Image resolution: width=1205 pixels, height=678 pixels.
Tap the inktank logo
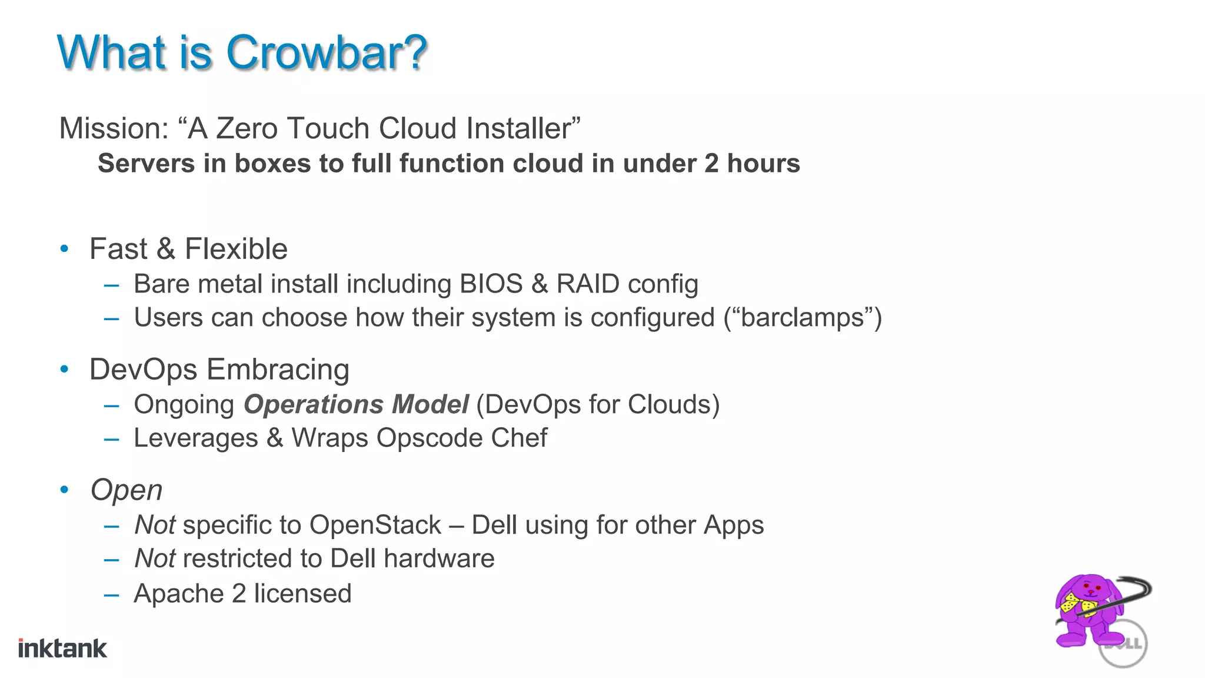pos(62,649)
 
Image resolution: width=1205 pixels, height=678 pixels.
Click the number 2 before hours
pos(711,164)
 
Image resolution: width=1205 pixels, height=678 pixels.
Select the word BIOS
pos(491,284)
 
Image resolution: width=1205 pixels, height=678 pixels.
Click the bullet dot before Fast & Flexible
pos(65,249)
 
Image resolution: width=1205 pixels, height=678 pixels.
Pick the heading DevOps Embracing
pos(219,370)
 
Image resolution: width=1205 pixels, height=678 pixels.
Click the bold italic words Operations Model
pos(356,404)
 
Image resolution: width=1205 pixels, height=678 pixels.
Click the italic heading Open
pos(126,490)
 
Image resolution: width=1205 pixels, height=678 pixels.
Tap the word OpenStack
pos(375,525)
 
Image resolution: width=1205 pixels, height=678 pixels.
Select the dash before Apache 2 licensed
pos(111,595)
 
